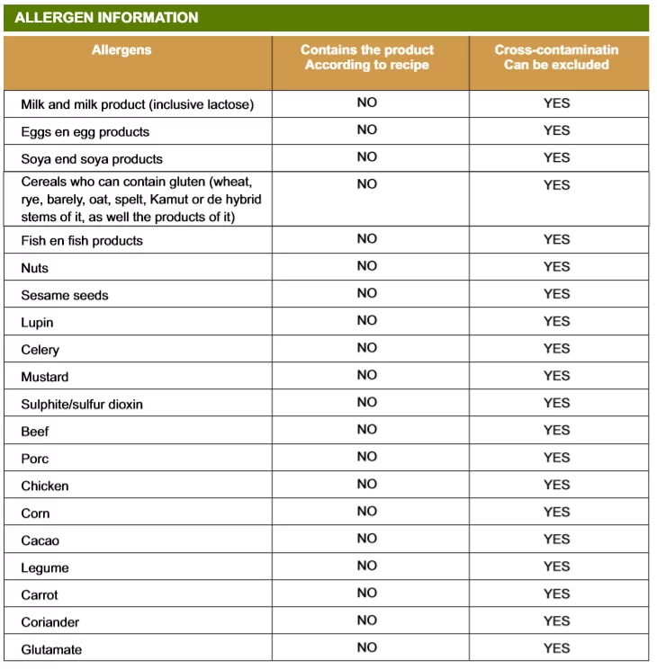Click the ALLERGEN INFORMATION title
pos(106,18)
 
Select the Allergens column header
pos(121,50)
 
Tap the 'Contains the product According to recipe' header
pos(366,58)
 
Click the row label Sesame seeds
pos(65,295)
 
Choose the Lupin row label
pos(37,323)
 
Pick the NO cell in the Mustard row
pos(366,375)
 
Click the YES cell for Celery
pos(556,348)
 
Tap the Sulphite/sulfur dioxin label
pos(82,405)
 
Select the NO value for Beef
pos(366,429)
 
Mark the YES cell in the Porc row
pos(556,457)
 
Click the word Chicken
pos(45,486)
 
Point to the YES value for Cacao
pos(556,539)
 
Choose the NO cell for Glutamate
pos(366,647)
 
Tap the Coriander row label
pos(50,622)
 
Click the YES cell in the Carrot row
pos(556,593)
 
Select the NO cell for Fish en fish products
pos(366,239)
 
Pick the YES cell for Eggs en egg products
pos(556,130)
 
